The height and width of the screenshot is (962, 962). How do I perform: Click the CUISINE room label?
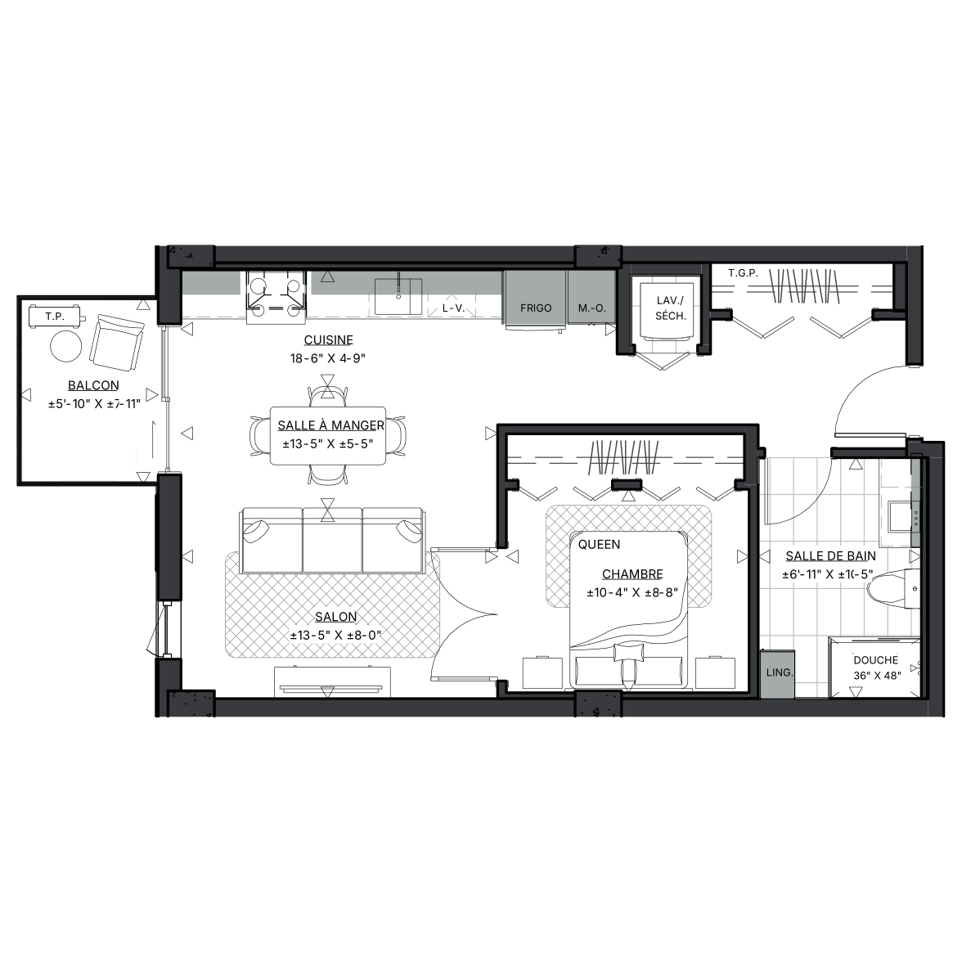coord(328,340)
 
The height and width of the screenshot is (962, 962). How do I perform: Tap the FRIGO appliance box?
coord(535,299)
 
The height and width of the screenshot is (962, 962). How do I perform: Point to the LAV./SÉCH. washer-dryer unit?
coord(667,310)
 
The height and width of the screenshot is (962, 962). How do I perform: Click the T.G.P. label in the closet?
coord(743,273)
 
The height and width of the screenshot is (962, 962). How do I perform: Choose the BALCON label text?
coord(93,385)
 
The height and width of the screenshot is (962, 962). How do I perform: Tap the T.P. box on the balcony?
coord(55,317)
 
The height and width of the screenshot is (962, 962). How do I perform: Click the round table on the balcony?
coord(65,346)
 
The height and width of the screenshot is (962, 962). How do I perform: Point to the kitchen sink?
coord(398,296)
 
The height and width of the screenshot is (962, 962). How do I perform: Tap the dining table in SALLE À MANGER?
coord(328,435)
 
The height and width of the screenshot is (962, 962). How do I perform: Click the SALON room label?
coord(335,617)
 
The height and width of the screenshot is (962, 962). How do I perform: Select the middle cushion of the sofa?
coord(332,541)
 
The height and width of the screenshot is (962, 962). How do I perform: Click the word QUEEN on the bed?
coord(599,544)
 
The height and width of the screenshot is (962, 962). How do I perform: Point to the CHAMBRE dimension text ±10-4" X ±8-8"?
coord(632,592)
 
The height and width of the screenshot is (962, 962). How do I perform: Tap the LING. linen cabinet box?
coord(777,674)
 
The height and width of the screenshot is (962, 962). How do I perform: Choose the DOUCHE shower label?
coord(875,660)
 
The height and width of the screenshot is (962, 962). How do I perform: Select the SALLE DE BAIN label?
coord(831,556)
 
